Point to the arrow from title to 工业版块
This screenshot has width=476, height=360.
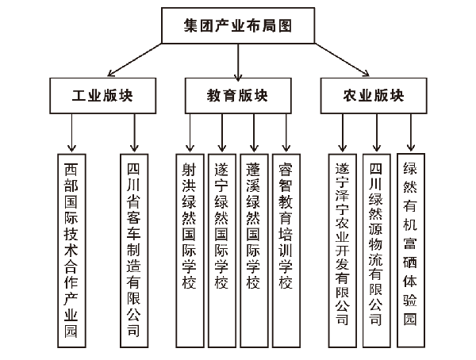(135, 59)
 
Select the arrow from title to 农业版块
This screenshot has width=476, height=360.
(342, 59)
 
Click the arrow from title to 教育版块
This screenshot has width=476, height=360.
(238, 62)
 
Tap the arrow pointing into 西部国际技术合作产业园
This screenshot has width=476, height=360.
(71, 133)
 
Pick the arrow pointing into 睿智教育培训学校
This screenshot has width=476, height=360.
(286, 133)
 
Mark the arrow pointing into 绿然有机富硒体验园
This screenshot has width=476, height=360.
(411, 132)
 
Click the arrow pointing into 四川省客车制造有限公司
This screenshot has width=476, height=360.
(134, 133)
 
